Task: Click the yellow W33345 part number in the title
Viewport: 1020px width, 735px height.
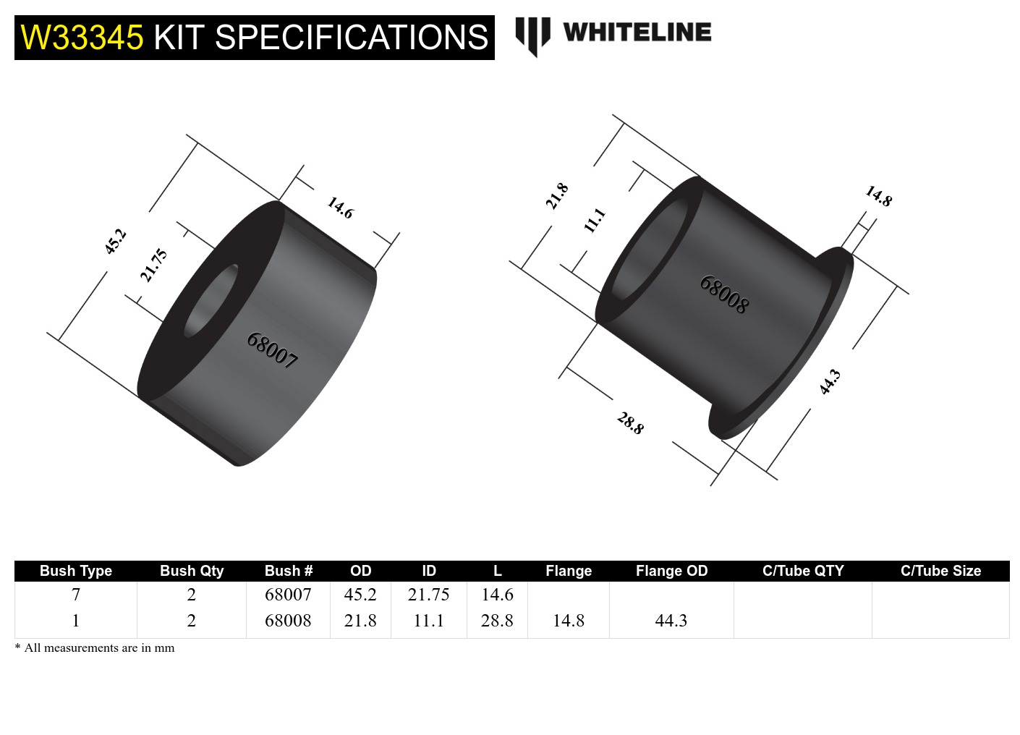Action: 82,38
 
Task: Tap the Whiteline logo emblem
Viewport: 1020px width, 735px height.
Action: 532,35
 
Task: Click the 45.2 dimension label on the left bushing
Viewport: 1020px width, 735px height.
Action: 115,241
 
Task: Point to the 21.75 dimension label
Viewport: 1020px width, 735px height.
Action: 153,265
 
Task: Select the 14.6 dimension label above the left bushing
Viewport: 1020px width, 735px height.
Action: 340,208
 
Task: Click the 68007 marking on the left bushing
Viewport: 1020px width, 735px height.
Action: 272,350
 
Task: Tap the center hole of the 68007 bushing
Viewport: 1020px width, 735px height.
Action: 211,300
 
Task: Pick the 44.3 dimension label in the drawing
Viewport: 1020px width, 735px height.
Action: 830,381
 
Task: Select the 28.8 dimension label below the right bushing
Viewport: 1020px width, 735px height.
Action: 630,422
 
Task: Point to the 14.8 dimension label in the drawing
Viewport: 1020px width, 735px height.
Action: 879,196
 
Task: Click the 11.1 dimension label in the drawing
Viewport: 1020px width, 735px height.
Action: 594,220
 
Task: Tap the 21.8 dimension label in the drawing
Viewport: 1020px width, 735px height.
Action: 556,196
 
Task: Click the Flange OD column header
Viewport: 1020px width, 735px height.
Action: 671,571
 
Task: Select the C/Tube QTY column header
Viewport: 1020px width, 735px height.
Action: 803,571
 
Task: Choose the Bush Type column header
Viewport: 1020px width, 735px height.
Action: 76,571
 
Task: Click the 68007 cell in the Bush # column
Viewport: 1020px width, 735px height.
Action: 288,595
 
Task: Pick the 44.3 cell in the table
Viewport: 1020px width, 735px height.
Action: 671,621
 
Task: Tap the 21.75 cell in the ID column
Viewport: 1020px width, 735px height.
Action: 428,595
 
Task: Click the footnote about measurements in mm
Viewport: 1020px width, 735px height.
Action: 95,648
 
